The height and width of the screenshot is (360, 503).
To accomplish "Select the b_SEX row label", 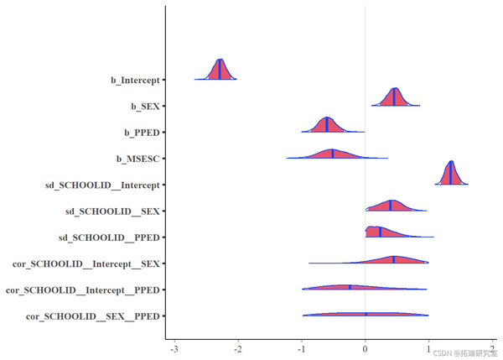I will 145,107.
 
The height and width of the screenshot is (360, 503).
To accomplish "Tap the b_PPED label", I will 142,133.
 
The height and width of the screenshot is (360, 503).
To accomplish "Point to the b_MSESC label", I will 138,159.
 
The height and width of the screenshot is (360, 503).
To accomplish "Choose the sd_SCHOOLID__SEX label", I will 112,211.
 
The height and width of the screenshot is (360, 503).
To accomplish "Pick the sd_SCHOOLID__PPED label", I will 109,237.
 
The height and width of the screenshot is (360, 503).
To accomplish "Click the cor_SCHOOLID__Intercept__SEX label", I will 86,263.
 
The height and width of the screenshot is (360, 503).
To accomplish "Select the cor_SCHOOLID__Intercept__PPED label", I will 83,290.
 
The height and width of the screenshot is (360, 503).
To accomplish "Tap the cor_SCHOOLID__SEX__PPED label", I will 92,316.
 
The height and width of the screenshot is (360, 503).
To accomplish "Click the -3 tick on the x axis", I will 174,348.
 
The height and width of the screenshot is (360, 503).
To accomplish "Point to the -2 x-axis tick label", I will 237,348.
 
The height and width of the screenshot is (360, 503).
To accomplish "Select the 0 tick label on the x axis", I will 365,348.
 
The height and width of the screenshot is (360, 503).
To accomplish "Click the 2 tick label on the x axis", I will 493,348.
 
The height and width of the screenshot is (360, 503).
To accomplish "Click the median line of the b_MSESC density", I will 333,154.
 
